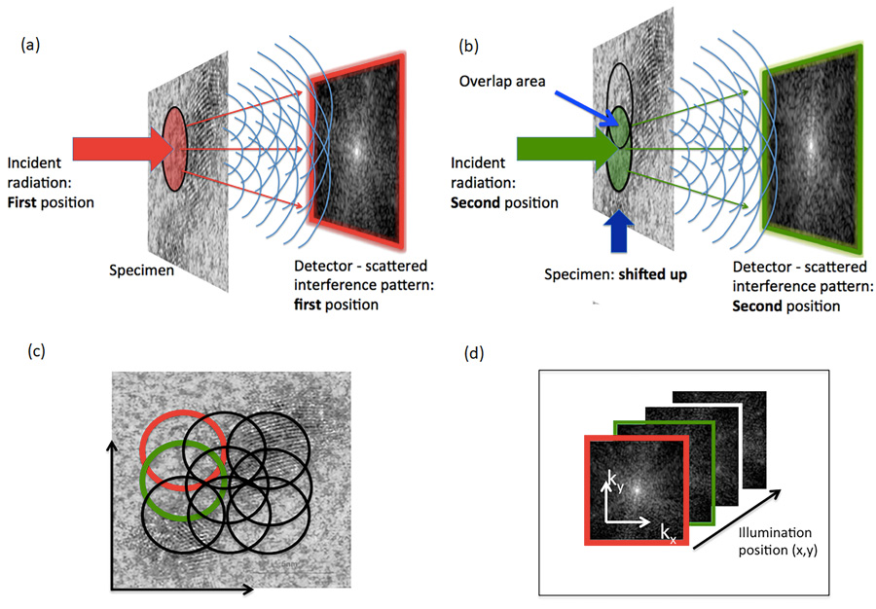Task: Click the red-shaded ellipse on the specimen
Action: point(174,144)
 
